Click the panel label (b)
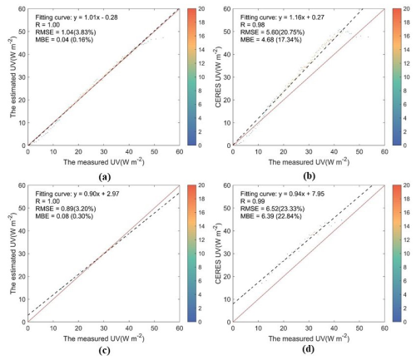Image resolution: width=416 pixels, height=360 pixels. [306, 176]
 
